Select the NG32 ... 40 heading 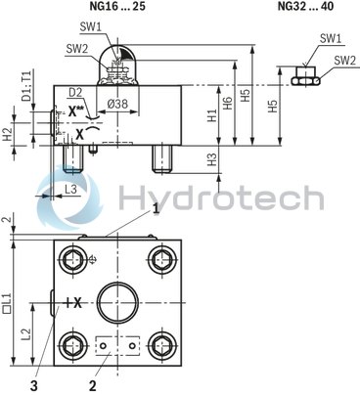[303, 7]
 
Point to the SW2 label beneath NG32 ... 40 [343, 60]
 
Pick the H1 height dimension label [212, 114]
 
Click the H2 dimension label [8, 130]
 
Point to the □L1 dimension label [8, 297]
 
